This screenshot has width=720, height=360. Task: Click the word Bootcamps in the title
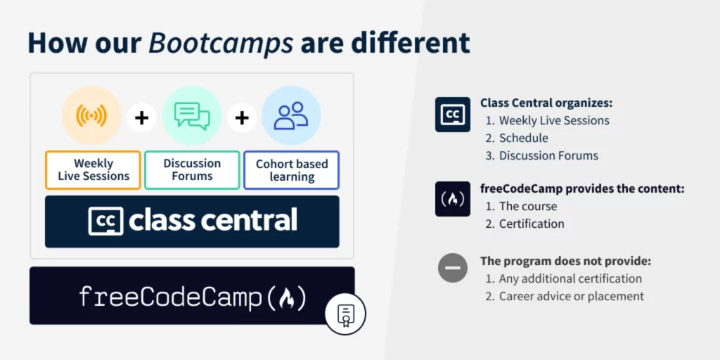[x=221, y=44]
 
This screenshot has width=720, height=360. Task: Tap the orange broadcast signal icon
[x=91, y=115]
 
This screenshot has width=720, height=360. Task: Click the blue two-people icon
[x=291, y=115]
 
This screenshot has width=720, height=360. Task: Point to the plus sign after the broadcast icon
[x=142, y=118]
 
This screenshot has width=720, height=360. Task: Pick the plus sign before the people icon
[x=242, y=118]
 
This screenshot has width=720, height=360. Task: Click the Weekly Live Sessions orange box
[x=94, y=170]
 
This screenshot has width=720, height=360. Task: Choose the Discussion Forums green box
[x=193, y=170]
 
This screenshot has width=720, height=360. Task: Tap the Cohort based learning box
[x=292, y=170]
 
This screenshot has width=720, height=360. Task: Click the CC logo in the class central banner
[x=105, y=221]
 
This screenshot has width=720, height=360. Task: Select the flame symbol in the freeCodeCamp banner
[x=287, y=298]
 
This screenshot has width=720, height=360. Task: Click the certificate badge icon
[x=345, y=314]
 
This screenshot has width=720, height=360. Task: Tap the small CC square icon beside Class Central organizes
[x=453, y=115]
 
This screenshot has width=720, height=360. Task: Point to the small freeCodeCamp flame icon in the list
[x=453, y=199]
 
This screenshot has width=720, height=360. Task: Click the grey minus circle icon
[x=453, y=268]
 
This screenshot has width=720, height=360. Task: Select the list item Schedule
[x=523, y=138]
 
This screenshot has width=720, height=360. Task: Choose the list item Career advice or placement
[x=572, y=296]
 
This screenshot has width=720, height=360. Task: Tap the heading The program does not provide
[x=566, y=262]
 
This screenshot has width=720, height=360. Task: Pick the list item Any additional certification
[x=570, y=278]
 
